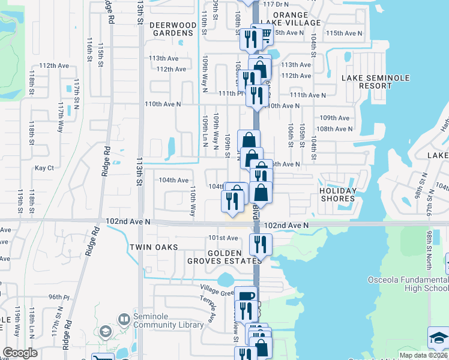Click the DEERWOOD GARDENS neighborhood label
(172, 29)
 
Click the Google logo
(20, 353)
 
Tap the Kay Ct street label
(44, 168)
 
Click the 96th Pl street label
(59, 296)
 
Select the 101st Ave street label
(223, 238)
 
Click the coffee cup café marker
(245, 296)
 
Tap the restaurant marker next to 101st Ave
(261, 243)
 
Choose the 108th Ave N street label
(334, 129)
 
